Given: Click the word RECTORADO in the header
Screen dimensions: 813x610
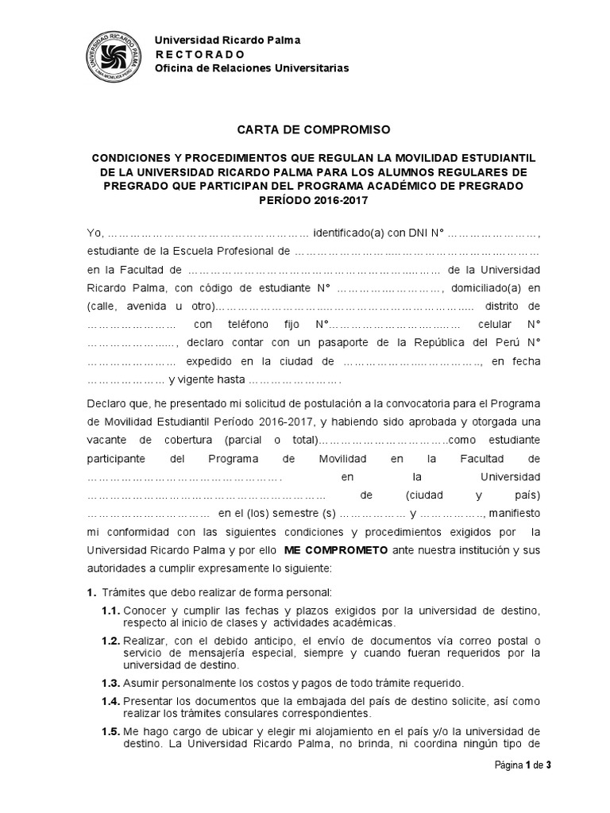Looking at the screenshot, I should pos(200,54).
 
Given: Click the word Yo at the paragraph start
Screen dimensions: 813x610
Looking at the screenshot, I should pos(95,233).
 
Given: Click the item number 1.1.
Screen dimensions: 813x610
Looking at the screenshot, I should pos(110,611).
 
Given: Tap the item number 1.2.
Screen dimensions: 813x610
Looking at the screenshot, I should pos(110,641).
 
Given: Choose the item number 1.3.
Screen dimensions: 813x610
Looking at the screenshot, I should pos(110,683).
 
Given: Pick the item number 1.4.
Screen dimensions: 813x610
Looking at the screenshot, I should pos(110,701).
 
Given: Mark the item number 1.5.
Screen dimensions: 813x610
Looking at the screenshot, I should pos(110,731).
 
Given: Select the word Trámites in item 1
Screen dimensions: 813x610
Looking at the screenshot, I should pos(122,592).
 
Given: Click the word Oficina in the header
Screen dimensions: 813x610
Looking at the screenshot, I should pos(173,68).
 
